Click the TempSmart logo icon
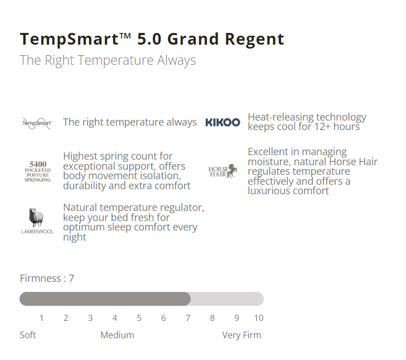pos(37,123)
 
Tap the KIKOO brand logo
pos(223,122)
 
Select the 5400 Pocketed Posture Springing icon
pos(38,171)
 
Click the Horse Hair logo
pos(223,171)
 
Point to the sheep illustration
pos(36,217)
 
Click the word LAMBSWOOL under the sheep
pos(37,232)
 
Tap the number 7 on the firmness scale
pos(188,318)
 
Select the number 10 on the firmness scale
pos(259,318)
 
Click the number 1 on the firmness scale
pos(41,318)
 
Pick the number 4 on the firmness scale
pos(115,318)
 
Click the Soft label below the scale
pos(28,335)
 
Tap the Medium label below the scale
pos(117,335)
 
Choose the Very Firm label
pos(241,335)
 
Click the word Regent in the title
pos(254,40)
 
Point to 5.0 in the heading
pos(149,39)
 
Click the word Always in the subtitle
pos(177,61)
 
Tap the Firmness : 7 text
pos(47,279)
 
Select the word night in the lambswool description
pos(75,237)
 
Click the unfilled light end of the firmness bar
pos(227,299)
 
